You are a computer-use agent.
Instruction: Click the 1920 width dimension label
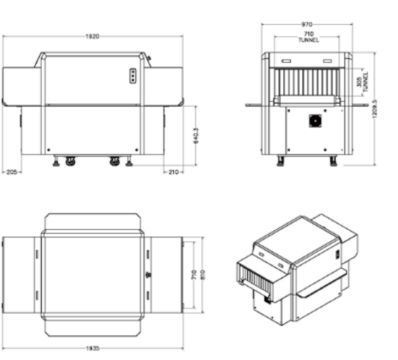[92, 36]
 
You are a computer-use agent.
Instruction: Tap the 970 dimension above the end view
[307, 24]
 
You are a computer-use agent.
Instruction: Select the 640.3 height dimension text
[196, 136]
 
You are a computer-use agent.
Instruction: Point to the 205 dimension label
[12, 172]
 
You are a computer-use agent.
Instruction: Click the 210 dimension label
[173, 172]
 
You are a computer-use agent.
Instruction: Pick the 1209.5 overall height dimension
[375, 109]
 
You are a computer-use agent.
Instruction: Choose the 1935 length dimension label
[92, 348]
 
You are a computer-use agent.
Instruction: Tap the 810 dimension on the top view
[203, 275]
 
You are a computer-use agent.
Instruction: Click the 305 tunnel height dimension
[359, 82]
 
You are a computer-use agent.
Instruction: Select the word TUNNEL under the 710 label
[308, 40]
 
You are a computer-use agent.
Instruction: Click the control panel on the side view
[132, 76]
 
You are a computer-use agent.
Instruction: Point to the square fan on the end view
[315, 121]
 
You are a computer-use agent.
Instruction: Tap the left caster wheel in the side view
[70, 161]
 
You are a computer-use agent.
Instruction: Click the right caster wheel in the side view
[115, 161]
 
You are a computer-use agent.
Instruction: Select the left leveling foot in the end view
[280, 161]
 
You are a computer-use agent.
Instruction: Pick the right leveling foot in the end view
[334, 161]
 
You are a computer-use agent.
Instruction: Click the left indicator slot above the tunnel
[286, 61]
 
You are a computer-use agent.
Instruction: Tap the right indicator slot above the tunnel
[328, 61]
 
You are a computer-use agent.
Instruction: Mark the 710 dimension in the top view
[194, 275]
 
